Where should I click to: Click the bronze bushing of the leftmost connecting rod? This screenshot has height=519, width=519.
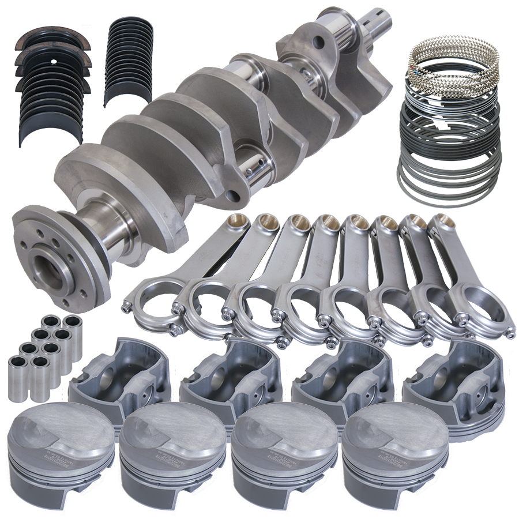[236, 222]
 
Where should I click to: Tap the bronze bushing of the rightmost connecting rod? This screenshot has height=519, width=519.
[442, 221]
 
